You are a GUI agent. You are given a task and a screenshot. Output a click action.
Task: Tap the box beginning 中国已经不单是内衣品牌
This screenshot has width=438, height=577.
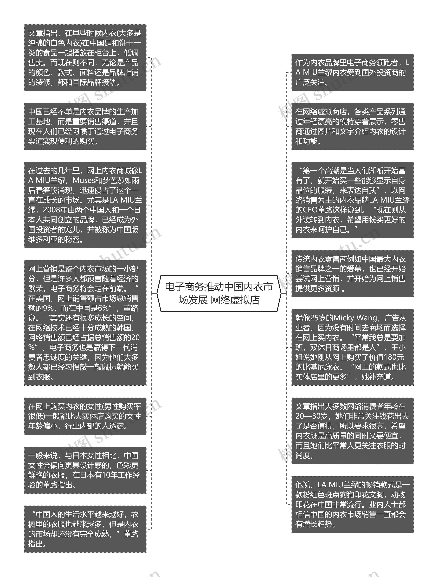coord(85,126)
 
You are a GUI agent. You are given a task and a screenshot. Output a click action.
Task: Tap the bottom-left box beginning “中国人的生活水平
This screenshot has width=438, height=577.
coord(85,529)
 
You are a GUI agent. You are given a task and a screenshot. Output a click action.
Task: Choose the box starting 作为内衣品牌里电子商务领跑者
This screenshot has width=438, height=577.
coord(352,72)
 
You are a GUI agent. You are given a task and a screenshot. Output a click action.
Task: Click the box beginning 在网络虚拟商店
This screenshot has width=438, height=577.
coord(352,126)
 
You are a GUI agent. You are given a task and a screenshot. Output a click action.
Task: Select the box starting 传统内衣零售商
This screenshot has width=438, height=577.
coord(352,274)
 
